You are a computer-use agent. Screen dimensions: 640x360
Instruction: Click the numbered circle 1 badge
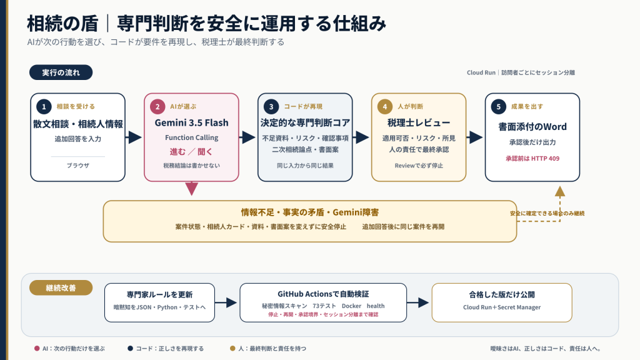point(44,106)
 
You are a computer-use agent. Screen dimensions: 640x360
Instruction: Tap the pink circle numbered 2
point(157,106)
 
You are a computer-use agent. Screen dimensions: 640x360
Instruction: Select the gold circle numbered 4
point(384,106)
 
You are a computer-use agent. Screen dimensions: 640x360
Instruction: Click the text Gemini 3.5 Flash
point(191,122)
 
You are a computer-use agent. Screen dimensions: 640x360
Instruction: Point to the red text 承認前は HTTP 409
point(532,158)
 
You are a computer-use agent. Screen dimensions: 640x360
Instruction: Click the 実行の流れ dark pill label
point(61,72)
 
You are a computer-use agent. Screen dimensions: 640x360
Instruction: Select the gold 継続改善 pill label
point(61,287)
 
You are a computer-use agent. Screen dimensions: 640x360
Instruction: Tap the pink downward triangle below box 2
point(191,189)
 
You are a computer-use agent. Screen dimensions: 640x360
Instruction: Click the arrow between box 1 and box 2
point(134,137)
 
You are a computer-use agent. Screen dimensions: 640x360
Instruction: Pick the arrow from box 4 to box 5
point(475,137)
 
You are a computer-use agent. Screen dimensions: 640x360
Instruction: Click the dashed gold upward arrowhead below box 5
point(560,191)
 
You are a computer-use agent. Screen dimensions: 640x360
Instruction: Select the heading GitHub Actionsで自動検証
point(323,294)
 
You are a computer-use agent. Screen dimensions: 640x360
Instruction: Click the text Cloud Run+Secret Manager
point(502,307)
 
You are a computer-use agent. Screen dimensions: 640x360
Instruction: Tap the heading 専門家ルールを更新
point(159,295)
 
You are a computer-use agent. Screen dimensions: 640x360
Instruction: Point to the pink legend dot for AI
point(37,349)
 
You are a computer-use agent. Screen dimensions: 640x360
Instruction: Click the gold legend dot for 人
point(232,349)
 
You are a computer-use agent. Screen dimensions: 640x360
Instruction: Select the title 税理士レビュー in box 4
point(419,122)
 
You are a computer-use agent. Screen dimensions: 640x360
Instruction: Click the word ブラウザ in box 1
point(78,165)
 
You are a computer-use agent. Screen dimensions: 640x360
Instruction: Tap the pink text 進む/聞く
point(191,152)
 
